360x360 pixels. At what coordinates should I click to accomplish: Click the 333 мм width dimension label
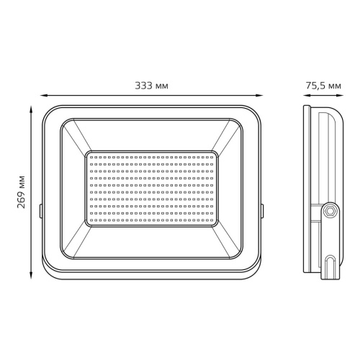(151, 86)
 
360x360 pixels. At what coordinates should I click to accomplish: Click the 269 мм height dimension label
(22, 192)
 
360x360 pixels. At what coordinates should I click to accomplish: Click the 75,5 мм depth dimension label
(323, 86)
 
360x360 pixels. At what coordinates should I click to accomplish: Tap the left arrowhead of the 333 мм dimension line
(44, 96)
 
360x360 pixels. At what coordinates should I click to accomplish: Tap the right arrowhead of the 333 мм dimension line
(259, 96)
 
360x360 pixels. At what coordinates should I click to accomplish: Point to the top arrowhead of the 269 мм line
(31, 109)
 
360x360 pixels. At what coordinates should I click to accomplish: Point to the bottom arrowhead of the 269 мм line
(31, 276)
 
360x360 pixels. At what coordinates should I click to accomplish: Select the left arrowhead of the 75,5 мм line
(307, 96)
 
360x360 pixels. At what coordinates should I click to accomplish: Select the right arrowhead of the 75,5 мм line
(340, 96)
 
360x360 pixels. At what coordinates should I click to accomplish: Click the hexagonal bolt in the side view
(330, 211)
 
